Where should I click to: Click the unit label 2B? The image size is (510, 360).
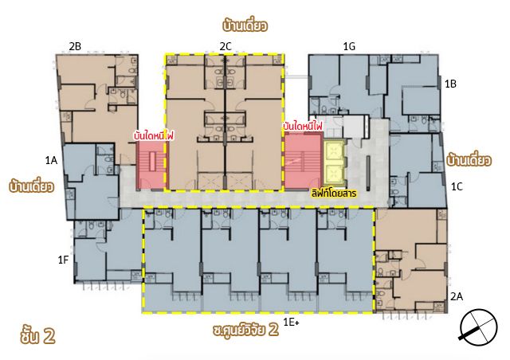click(x=75, y=47)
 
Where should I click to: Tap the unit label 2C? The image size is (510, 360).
click(x=225, y=47)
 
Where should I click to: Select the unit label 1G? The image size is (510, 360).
click(x=349, y=47)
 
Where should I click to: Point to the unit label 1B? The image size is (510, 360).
click(x=450, y=84)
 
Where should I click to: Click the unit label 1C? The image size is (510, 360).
click(x=457, y=186)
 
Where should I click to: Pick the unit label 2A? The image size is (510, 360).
click(x=457, y=296)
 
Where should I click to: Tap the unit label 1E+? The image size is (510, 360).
click(x=291, y=323)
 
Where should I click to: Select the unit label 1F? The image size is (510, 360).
click(x=63, y=260)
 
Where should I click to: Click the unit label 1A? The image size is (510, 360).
click(x=51, y=160)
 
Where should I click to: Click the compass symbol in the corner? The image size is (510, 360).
click(x=479, y=327)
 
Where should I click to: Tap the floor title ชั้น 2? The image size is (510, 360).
click(x=37, y=335)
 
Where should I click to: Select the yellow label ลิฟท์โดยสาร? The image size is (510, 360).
click(x=334, y=194)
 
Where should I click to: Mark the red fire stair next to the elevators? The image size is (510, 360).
click(x=303, y=160)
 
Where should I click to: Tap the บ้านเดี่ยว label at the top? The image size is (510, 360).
click(x=245, y=25)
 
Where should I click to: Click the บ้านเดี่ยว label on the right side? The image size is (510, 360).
click(x=469, y=159)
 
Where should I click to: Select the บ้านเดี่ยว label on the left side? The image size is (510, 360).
click(x=32, y=186)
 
